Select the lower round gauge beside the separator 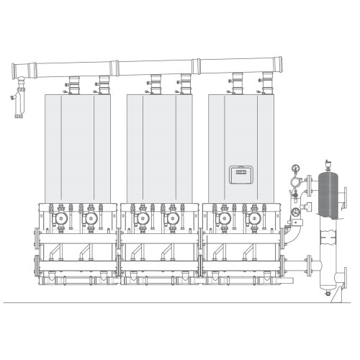[x=295, y=212]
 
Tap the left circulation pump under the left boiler [x=63, y=217]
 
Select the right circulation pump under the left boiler [x=91, y=217]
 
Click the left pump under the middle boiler [x=143, y=217]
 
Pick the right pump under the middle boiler [x=172, y=217]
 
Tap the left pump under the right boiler [x=225, y=217]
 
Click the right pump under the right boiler [x=253, y=217]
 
